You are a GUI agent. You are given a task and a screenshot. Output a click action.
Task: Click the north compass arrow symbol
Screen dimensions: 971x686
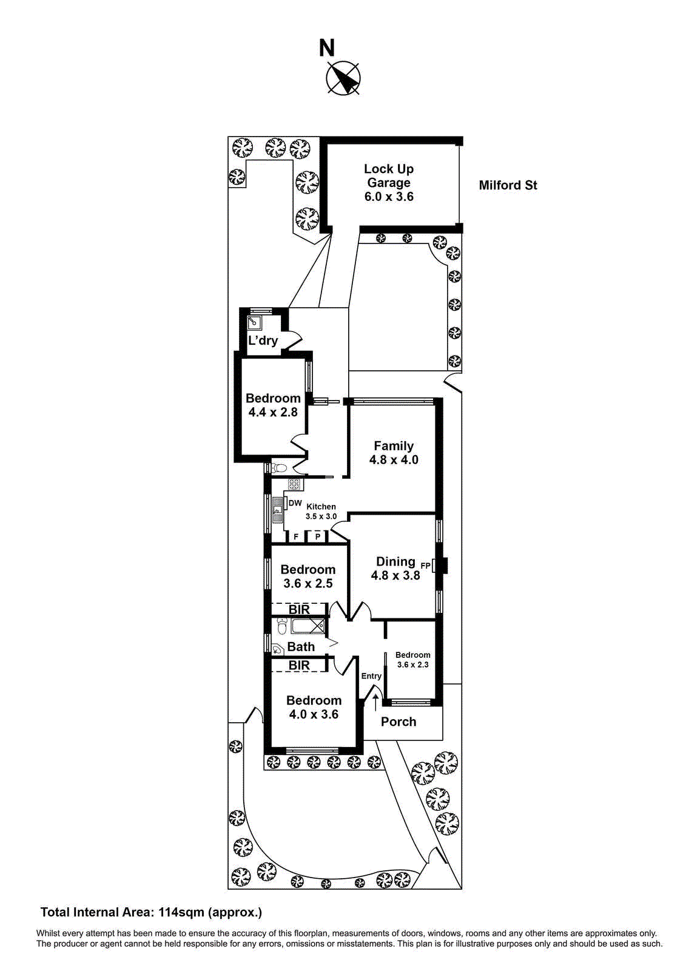coord(344,79)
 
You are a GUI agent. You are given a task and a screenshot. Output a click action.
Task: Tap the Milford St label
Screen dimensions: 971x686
coord(508,186)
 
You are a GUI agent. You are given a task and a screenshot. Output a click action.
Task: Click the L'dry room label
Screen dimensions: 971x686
coord(263,340)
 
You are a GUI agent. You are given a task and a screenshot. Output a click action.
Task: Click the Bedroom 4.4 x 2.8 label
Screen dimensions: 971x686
coord(273,405)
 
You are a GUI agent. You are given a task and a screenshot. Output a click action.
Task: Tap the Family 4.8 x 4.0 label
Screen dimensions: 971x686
coord(394,453)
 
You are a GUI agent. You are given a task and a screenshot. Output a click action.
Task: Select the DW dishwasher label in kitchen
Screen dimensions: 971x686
coord(295,503)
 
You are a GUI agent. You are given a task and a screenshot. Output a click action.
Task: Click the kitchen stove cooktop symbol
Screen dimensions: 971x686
coord(294,484)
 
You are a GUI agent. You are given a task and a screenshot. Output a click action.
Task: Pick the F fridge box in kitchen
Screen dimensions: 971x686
coord(296,537)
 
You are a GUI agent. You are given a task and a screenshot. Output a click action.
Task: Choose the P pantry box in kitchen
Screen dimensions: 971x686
coord(317,537)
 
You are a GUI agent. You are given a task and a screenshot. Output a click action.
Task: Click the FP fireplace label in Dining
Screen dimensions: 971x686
coord(426,566)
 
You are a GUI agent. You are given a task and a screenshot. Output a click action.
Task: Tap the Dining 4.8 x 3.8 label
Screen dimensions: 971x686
coord(395,569)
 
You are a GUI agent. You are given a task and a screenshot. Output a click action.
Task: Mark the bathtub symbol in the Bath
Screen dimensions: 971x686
coord(308,626)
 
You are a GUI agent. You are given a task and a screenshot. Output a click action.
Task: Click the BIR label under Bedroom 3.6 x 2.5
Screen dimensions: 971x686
coord(299,609)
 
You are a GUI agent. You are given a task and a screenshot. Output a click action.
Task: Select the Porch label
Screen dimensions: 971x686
coord(398,722)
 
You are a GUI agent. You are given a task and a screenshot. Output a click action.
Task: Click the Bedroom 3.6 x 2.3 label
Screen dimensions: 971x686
coord(412,660)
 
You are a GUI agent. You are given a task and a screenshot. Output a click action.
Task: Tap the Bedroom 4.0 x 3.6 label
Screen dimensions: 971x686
coord(314,708)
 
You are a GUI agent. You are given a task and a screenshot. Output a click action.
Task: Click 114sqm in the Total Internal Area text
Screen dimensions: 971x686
coord(181,912)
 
